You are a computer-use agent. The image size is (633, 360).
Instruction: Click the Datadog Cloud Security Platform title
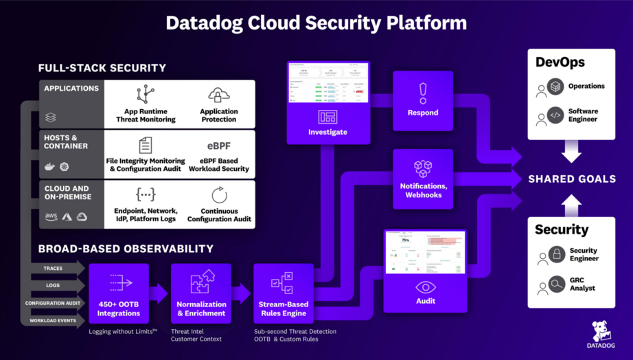tap(316, 23)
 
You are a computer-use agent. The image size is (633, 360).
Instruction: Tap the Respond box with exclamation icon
tap(423, 100)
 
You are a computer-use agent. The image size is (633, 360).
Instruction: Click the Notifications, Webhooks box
tap(423, 179)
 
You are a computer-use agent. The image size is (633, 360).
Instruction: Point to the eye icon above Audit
tap(425, 287)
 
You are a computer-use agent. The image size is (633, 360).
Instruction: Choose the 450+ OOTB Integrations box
tap(119, 293)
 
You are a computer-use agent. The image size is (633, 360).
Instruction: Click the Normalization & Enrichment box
tap(201, 293)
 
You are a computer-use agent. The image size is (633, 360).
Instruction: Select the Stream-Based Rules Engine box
tap(283, 293)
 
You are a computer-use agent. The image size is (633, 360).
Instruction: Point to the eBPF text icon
tap(219, 146)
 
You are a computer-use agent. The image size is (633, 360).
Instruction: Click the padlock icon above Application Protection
tap(219, 95)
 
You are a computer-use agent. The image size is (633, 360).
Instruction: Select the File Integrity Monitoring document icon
tap(146, 145)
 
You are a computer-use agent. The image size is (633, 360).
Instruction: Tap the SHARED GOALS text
tap(571, 179)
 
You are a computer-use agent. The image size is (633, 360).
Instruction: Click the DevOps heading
tap(560, 63)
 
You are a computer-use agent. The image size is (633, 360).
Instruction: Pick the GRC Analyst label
tap(583, 284)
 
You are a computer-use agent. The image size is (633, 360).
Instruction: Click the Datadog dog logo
tap(602, 331)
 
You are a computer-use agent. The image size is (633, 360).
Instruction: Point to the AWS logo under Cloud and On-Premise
tap(51, 216)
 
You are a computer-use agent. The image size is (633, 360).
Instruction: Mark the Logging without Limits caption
tap(123, 331)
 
